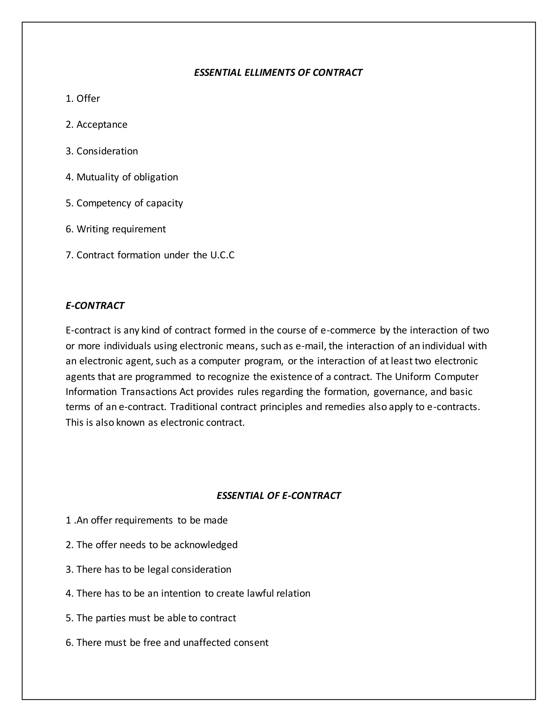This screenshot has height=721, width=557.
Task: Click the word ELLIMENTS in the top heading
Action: (x=270, y=73)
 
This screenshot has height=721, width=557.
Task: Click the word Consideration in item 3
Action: (x=107, y=151)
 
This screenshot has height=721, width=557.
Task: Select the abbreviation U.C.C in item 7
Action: (x=222, y=255)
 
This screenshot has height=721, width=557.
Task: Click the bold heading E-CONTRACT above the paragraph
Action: (x=95, y=306)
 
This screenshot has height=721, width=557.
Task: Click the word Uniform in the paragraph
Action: (x=413, y=377)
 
